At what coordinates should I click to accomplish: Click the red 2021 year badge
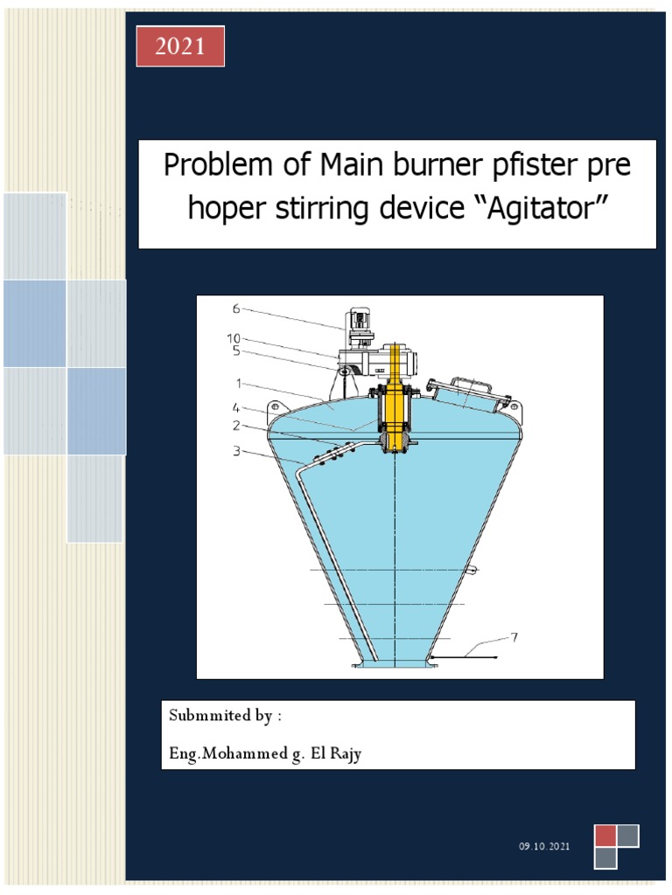tap(179, 46)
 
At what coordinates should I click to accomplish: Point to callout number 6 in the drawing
tap(235, 309)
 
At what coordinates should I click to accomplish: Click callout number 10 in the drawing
tap(234, 338)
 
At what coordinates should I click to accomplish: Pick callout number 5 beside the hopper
tap(235, 351)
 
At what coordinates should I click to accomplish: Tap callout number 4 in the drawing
tap(235, 406)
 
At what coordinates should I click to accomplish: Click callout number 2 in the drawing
tap(236, 425)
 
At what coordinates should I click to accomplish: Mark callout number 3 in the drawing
tap(236, 451)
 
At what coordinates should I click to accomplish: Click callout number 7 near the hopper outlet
tap(514, 637)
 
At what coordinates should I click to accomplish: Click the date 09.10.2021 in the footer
tap(543, 847)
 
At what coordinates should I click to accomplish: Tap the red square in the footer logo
tap(605, 836)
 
